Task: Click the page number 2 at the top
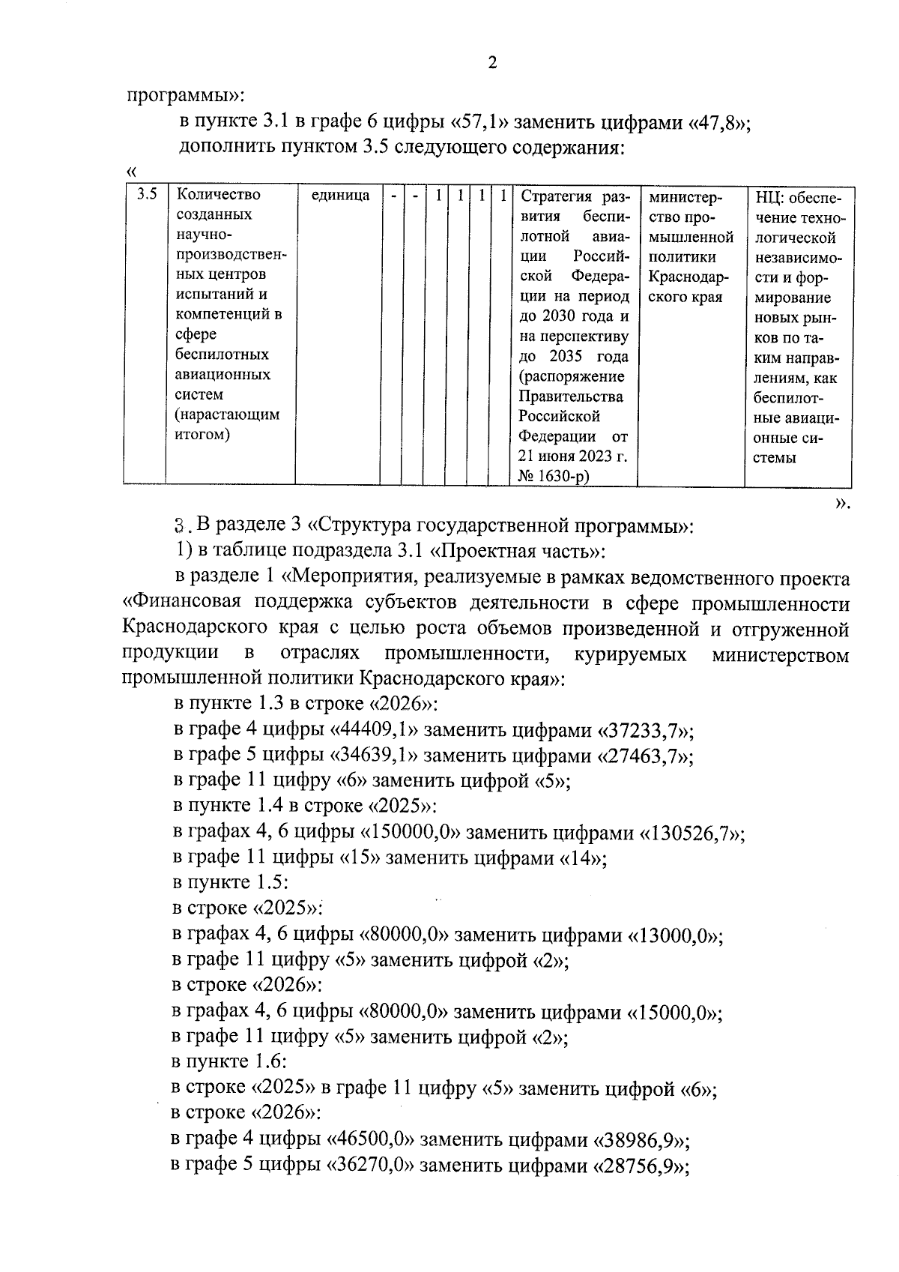pyautogui.click(x=492, y=63)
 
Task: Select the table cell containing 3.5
pyautogui.click(x=147, y=195)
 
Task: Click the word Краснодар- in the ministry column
pyautogui.click(x=688, y=277)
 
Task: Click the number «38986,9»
pyautogui.click(x=641, y=1141)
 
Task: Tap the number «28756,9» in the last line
pyautogui.click(x=641, y=1167)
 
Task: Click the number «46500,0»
pyautogui.click(x=371, y=1141)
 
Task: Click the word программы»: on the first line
pyautogui.click(x=185, y=96)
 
